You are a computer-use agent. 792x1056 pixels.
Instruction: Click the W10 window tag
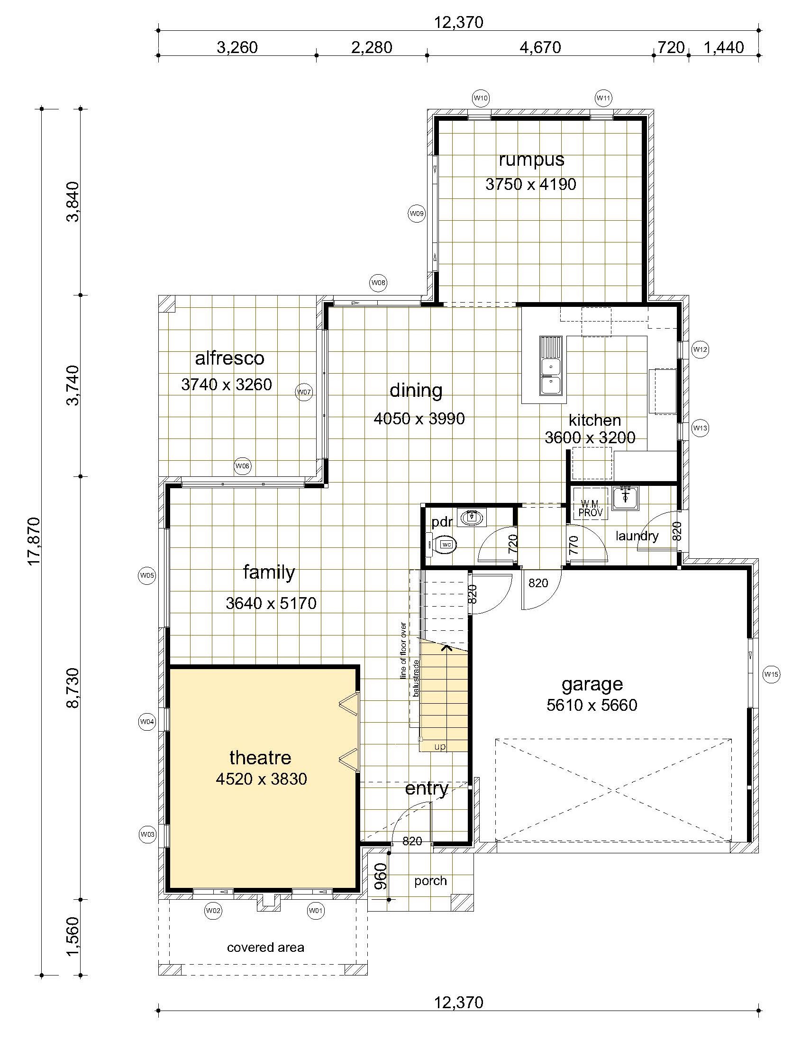point(480,98)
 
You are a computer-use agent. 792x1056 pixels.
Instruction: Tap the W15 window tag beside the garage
point(772,674)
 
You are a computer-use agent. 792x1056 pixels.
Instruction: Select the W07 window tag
point(304,392)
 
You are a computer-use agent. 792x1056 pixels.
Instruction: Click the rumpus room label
point(531,160)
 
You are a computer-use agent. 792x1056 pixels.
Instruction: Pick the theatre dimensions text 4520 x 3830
point(261,779)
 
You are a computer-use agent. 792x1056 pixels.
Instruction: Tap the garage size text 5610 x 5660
point(592,705)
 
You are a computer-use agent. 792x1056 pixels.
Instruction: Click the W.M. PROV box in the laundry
point(591,509)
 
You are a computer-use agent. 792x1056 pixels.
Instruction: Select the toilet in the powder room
point(443,544)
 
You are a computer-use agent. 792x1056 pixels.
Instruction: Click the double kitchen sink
point(551,366)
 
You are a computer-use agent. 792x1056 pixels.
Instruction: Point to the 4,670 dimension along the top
point(540,47)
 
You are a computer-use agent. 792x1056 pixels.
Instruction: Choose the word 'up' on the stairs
point(440,747)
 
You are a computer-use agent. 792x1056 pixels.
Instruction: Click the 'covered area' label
point(265,948)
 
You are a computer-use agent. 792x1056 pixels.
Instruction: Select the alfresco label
point(230,358)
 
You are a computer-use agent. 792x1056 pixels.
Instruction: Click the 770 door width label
point(574,544)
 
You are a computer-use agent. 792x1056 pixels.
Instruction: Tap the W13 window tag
point(700,428)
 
